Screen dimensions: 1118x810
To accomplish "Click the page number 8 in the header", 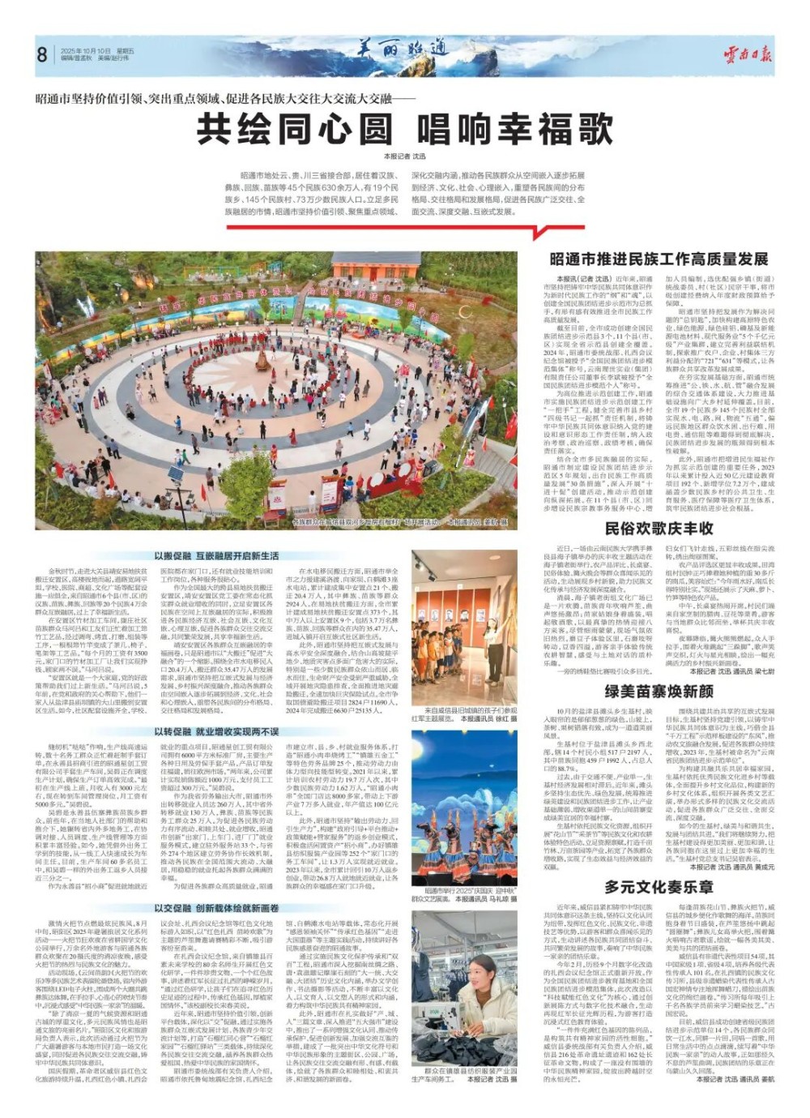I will coord(41,55).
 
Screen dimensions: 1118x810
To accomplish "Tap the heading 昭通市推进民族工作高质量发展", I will coord(659,259).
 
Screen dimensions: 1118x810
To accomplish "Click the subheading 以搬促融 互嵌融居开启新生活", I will coord(216,556).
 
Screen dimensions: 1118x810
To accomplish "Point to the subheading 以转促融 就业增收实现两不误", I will coord(216,731).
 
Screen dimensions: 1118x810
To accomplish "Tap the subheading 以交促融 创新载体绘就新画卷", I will coord(216,908).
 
